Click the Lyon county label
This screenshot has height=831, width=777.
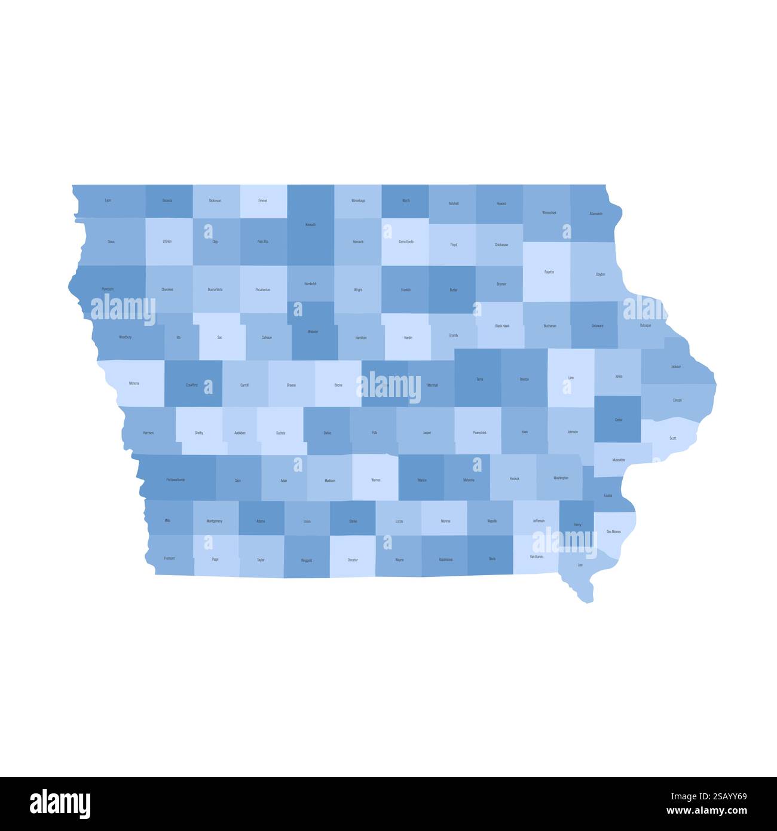point(108,200)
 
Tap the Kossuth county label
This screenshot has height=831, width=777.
point(310,225)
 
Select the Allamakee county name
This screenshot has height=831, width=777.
point(596,213)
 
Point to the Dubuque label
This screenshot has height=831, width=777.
point(646,326)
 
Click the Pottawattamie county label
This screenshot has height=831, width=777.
point(176,479)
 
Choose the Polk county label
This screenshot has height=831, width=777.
point(374,432)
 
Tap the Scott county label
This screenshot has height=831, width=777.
point(672,438)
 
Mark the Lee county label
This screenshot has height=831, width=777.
point(580,564)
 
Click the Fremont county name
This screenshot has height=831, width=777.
point(169,558)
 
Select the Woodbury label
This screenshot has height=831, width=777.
point(125,337)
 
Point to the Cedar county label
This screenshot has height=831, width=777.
point(619,420)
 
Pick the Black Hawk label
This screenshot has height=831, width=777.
point(502,326)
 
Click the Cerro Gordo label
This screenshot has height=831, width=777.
point(406,242)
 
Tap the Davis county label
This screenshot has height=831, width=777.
point(492,559)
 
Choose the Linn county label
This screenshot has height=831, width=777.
point(571,378)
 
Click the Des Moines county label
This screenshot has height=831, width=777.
point(613,531)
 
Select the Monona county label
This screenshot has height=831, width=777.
point(134,383)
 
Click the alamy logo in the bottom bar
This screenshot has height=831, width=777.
point(60,804)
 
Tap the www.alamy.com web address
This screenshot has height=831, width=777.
point(707,811)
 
